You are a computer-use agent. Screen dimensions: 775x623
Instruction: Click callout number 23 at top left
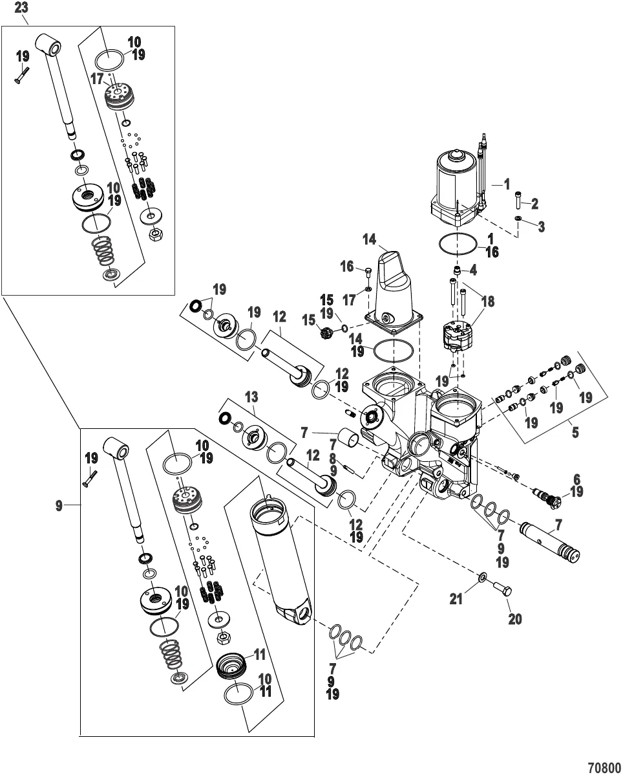pyautogui.click(x=21, y=8)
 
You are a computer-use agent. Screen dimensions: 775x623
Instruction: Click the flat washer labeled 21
pyautogui.click(x=483, y=575)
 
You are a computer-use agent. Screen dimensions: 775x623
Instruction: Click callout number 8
pyautogui.click(x=333, y=458)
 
